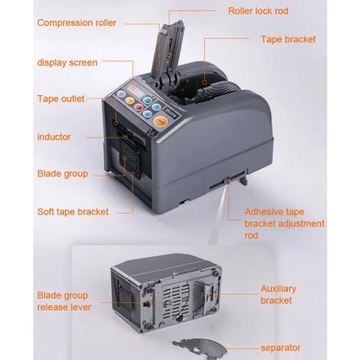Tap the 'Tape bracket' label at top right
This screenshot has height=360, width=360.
(288, 39)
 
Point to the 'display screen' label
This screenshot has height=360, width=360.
(67, 62)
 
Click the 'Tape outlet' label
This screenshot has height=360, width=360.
(61, 99)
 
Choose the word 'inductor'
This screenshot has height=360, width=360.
(54, 137)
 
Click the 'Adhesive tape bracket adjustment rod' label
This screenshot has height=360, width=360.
(284, 223)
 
